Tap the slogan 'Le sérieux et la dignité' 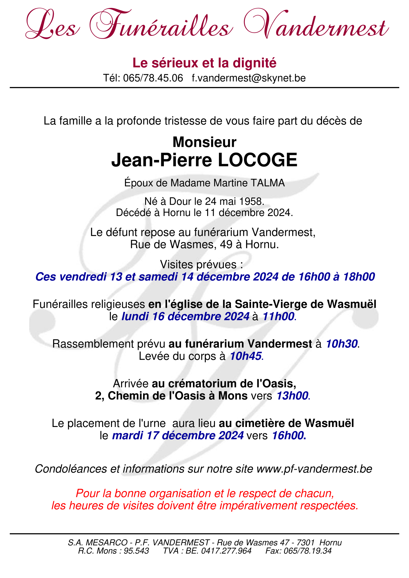tap(204, 63)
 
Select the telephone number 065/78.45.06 tap(153, 78)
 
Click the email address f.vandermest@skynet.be tap(249, 78)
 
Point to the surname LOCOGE tap(257, 161)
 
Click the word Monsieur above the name tap(204, 142)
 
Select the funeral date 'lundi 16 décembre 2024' tap(186, 317)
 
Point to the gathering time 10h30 tap(342, 344)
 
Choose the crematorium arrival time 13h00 tap(292, 396)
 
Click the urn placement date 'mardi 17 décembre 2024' tap(178, 436)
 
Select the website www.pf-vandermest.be tap(314, 469)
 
